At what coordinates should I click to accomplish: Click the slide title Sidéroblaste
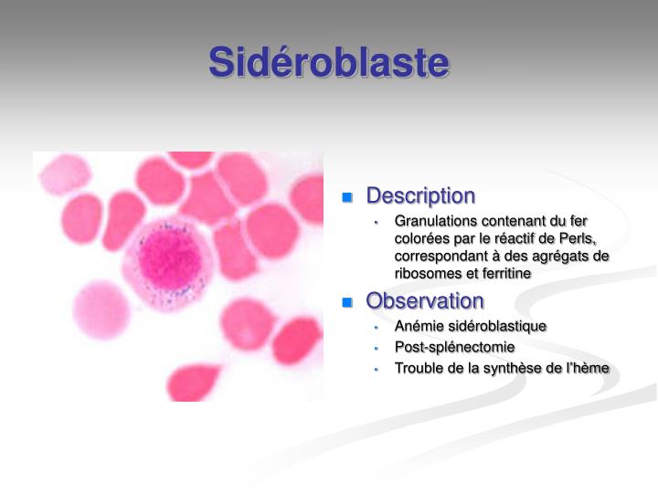click(329, 63)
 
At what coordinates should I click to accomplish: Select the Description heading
click(420, 196)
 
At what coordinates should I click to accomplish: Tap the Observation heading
click(425, 301)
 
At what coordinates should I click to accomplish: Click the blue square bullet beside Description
click(347, 197)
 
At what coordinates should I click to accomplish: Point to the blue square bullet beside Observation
click(347, 302)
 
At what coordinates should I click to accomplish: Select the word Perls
click(577, 238)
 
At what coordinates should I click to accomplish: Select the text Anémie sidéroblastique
click(471, 326)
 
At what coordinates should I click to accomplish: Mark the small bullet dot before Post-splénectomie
click(376, 348)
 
